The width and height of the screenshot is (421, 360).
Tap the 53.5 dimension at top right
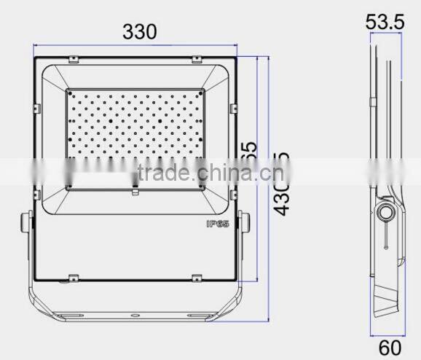pyautogui.click(x=385, y=23)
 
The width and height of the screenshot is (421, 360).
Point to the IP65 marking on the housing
pyautogui.click(x=218, y=225)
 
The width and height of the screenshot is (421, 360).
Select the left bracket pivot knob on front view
pyautogui.click(x=26, y=221)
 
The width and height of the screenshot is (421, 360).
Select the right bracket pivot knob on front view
pyautogui.click(x=247, y=221)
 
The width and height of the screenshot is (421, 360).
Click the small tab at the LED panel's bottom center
pyautogui.click(x=135, y=193)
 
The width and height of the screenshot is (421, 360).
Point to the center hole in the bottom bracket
pyautogui.click(x=136, y=316)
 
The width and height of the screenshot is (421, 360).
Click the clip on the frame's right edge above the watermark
pyautogui.click(x=234, y=109)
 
